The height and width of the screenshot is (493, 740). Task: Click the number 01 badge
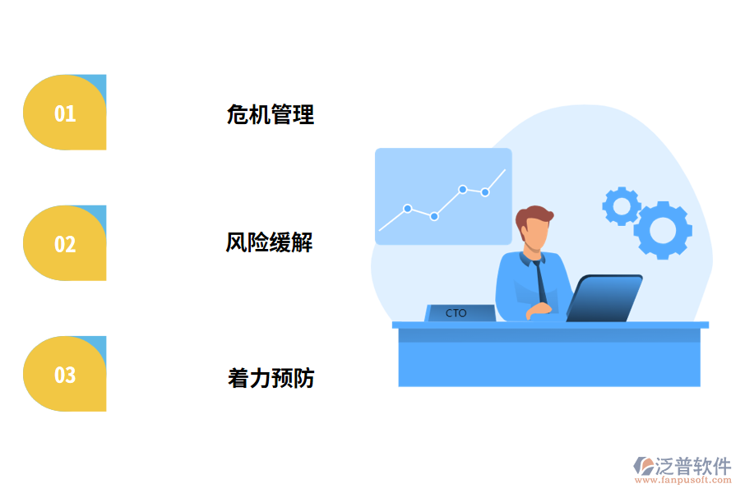(65, 113)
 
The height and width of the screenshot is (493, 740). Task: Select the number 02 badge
(65, 243)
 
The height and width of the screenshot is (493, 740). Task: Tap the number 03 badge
(65, 375)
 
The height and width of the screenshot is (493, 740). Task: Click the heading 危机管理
(270, 114)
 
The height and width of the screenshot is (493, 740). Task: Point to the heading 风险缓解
(269, 242)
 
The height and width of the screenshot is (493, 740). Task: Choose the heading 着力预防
(271, 378)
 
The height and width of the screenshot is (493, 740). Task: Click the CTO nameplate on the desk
(458, 313)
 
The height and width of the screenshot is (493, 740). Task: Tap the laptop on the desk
(604, 298)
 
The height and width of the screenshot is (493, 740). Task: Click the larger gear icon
(663, 230)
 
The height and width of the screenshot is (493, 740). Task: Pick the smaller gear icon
(622, 205)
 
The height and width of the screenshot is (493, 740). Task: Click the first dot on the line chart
(407, 208)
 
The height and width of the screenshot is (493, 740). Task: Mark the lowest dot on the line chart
(434, 216)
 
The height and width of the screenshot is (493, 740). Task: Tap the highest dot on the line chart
(463, 189)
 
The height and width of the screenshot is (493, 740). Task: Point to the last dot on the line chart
(485, 192)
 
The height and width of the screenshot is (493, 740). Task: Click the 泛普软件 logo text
(692, 466)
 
